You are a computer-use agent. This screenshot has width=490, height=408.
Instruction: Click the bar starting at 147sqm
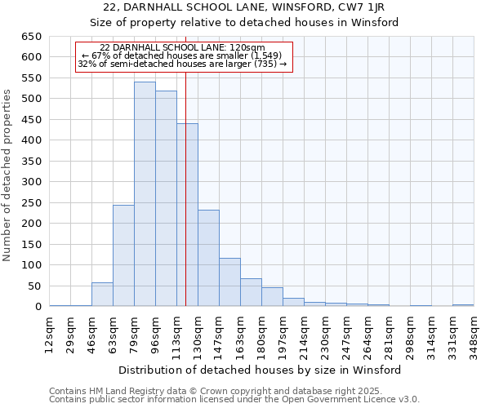pos(229,282)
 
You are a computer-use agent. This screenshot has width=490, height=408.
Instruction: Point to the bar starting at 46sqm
pos(102,295)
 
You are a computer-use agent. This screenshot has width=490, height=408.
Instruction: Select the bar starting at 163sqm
pos(251,292)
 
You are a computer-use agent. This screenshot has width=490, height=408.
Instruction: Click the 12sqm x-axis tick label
pos(50,333)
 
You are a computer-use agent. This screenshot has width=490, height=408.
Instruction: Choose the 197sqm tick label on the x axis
pos(283,333)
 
